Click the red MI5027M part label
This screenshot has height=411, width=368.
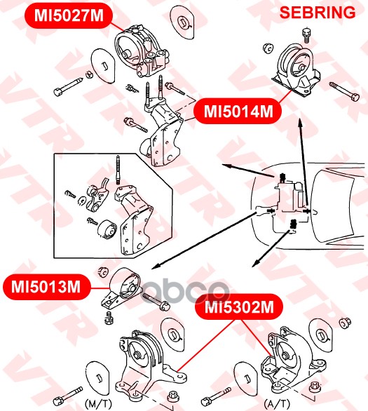click(x=69, y=15)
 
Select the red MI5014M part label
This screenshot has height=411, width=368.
click(x=238, y=112)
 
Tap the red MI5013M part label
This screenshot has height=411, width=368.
click(x=46, y=287)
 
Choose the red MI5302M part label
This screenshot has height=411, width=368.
click(x=239, y=306)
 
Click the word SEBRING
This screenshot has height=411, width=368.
click(x=318, y=13)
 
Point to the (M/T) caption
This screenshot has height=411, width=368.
click(x=98, y=403)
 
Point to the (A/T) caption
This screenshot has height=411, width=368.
click(x=277, y=403)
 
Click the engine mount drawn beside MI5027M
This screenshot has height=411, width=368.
click(x=142, y=51)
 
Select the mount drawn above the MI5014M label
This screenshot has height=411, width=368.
click(x=297, y=70)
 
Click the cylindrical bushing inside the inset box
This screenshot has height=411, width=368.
click(x=107, y=229)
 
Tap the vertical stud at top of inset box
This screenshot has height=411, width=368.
click(x=118, y=170)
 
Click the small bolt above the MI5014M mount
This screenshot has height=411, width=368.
click(x=306, y=35)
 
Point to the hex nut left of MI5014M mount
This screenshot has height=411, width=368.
click(x=268, y=48)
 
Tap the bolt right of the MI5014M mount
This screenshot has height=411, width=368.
click(x=344, y=91)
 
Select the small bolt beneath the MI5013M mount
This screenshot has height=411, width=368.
click(x=109, y=318)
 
